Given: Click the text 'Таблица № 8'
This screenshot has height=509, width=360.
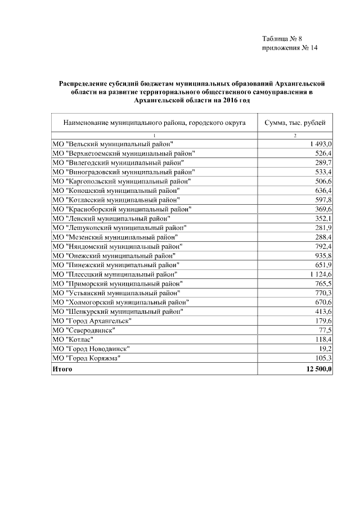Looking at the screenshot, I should (282, 39).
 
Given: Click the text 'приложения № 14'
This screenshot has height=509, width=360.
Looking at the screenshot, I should (290, 48).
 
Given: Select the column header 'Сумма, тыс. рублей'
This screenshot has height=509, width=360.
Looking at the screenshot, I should (294, 122).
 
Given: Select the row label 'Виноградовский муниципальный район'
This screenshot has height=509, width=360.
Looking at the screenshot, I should (123, 172).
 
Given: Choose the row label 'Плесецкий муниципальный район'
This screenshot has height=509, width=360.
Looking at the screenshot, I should (119, 273).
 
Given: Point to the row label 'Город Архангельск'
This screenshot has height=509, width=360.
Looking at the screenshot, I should (92, 320).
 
